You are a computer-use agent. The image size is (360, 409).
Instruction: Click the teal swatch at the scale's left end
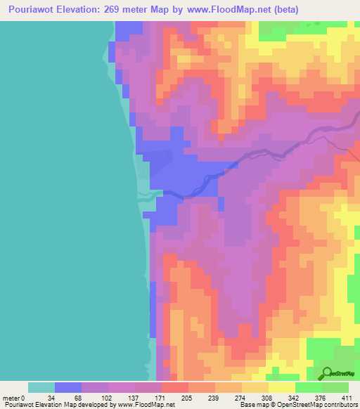click(41, 387)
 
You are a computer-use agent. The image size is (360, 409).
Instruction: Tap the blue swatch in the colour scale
click(68, 387)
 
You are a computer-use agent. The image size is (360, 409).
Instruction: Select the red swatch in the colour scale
click(175, 387)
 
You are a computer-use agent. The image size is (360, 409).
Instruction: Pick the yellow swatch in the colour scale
click(282, 387)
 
